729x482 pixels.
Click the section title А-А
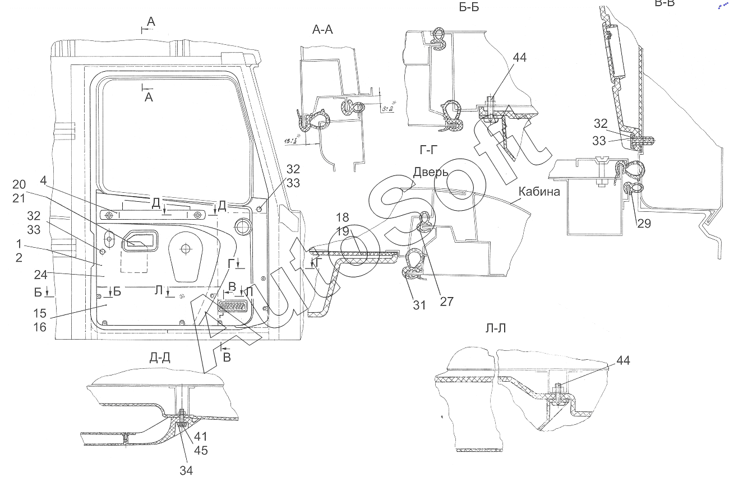tap(322, 30)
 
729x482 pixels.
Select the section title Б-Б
tap(468, 7)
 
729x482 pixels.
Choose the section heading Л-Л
tap(495, 328)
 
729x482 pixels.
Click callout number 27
tap(446, 301)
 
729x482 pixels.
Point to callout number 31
tap(419, 305)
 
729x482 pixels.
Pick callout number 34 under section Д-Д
tap(186, 470)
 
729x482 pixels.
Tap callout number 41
tap(201, 435)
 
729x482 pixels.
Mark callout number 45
tap(201, 449)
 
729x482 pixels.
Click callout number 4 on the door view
tap(43, 180)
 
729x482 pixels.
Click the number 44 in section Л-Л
tap(622, 360)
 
